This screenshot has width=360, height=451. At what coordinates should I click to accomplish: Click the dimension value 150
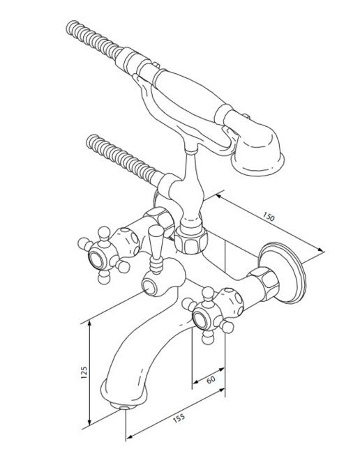coord(269,217)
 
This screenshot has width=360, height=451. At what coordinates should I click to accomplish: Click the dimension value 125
coord(84,372)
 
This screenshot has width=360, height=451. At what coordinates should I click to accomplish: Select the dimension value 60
coord(211,379)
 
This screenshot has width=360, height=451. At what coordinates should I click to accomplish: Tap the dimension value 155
coord(179,418)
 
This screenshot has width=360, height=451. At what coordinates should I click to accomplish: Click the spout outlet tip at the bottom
coord(124,406)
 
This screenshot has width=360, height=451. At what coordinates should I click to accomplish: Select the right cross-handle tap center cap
coord(200,319)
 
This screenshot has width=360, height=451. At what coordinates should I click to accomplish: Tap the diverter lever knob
coord(156,249)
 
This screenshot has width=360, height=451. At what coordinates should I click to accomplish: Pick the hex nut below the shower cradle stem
coord(191,240)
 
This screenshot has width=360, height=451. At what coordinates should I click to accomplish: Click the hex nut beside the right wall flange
coord(264,282)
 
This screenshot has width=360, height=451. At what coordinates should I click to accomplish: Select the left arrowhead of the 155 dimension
coord(130,436)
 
